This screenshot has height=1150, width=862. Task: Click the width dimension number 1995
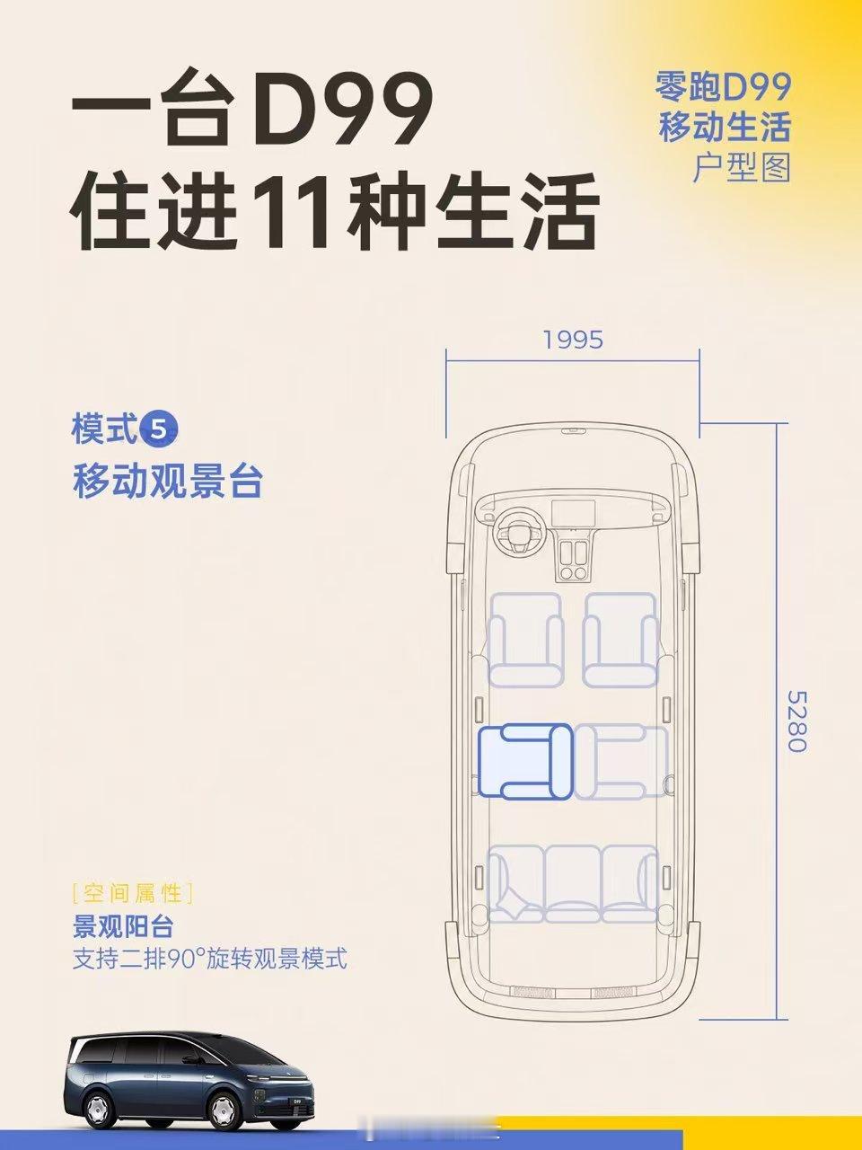tap(573, 340)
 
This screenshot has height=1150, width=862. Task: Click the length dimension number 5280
tap(797, 722)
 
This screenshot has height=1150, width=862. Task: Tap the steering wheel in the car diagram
tap(521, 531)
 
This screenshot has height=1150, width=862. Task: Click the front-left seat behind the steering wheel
tap(526, 640)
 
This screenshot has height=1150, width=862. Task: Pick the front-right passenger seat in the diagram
tap(620, 640)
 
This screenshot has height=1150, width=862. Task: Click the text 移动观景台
tap(168, 482)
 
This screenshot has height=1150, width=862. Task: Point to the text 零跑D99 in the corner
tap(723, 87)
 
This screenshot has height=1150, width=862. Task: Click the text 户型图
tap(742, 167)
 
